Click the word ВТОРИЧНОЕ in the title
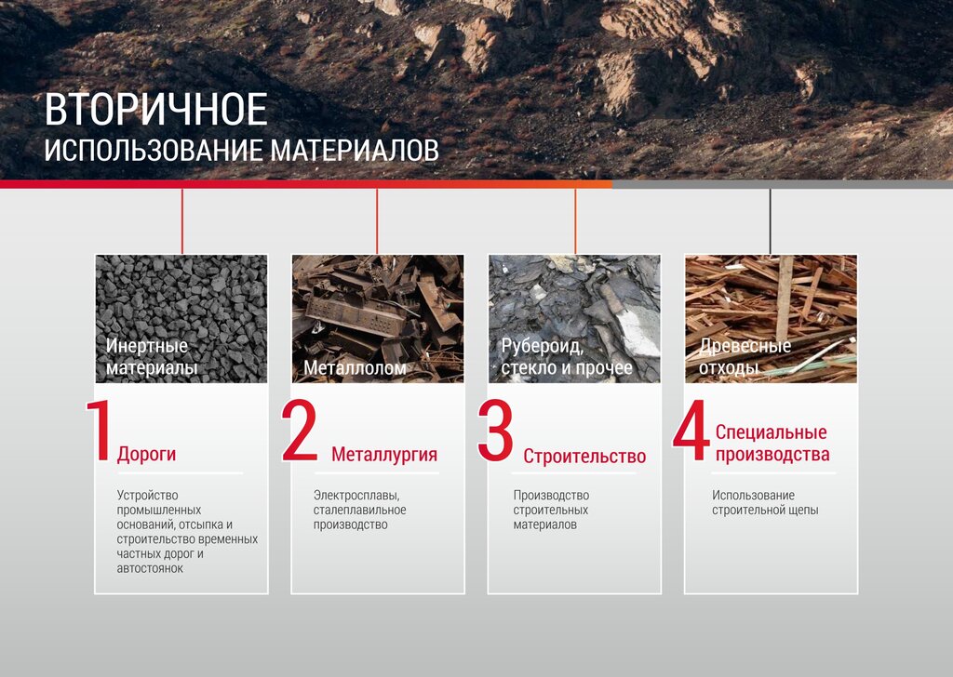(x=155, y=110)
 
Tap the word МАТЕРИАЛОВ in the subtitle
(x=355, y=151)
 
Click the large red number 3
(x=495, y=431)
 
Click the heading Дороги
(x=146, y=454)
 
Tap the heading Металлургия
(x=384, y=454)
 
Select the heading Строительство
(x=584, y=456)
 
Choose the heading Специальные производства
(x=772, y=444)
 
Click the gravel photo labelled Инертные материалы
(x=181, y=319)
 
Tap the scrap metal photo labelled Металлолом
(x=378, y=319)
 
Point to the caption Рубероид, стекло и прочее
(x=567, y=356)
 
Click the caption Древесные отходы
(x=745, y=356)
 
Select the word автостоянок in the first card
(x=150, y=569)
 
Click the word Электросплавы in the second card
(x=356, y=496)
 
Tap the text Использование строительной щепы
(x=765, y=503)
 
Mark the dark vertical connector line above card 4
(x=770, y=221)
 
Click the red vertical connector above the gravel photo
(x=181, y=221)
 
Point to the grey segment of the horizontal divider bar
(x=782, y=184)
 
